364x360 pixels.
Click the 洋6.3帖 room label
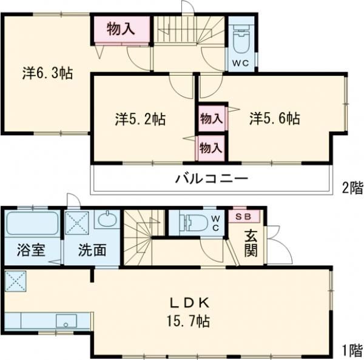point(48,74)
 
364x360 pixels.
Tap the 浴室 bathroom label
point(30,250)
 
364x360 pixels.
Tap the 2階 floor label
point(352,188)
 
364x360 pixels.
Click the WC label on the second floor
point(242,62)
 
